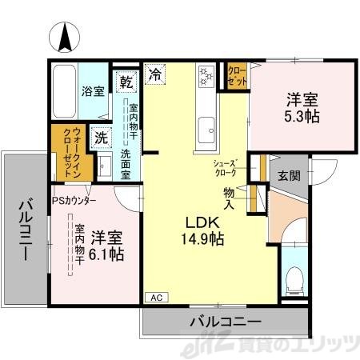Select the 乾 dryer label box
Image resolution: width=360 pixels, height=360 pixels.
126,82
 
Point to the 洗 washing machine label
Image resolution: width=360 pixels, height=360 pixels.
100,137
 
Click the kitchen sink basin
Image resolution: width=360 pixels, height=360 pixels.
206,126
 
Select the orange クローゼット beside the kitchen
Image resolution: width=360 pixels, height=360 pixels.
237,76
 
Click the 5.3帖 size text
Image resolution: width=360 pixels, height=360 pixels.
304,117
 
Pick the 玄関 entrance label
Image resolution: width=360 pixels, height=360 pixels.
290,176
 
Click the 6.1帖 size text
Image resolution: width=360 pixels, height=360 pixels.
106,254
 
